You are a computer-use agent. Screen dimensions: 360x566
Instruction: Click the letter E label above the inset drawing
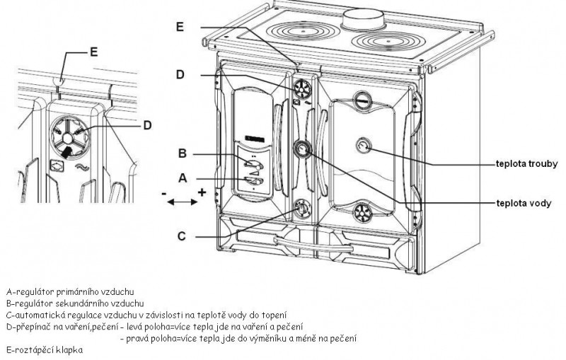pyautogui.click(x=94, y=51)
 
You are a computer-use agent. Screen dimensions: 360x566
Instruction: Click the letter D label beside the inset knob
pyautogui.click(x=146, y=126)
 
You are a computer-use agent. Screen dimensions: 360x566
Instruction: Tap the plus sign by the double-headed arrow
pyautogui.click(x=202, y=192)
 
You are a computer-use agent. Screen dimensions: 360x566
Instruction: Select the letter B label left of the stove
pyautogui.click(x=183, y=153)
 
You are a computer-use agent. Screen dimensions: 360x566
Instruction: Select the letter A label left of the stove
pyautogui.click(x=183, y=179)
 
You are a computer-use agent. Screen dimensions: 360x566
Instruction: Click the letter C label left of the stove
pyautogui.click(x=182, y=236)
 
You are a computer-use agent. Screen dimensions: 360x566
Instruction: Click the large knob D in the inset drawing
pyautogui.click(x=68, y=132)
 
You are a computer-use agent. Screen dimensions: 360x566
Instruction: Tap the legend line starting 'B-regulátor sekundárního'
pyautogui.click(x=74, y=303)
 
